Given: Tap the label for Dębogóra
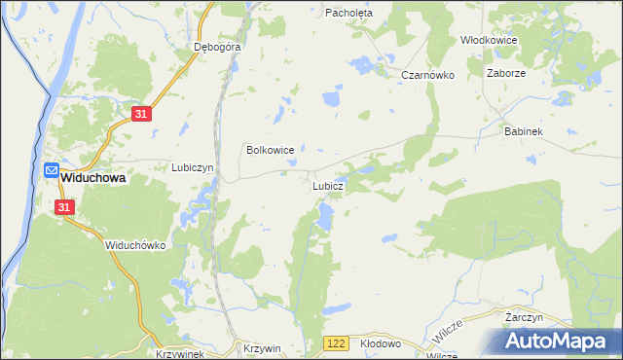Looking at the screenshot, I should tap(217, 46).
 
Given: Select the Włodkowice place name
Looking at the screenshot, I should tap(488, 40).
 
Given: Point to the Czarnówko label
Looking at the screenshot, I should tap(428, 75).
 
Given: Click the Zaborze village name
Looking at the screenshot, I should tap(505, 72).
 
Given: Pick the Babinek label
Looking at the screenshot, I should tap(523, 130).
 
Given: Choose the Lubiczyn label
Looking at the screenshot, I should tap(193, 167).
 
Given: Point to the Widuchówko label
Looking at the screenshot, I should tap(136, 246).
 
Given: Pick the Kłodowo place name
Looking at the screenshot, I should tap(381, 344).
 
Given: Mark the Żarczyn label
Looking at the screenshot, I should tap(524, 317).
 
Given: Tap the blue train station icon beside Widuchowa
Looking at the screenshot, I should tap(51, 170).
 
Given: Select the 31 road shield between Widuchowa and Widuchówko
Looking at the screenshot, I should tap(64, 207).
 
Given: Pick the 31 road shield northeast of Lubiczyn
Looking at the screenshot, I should tap(141, 115).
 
